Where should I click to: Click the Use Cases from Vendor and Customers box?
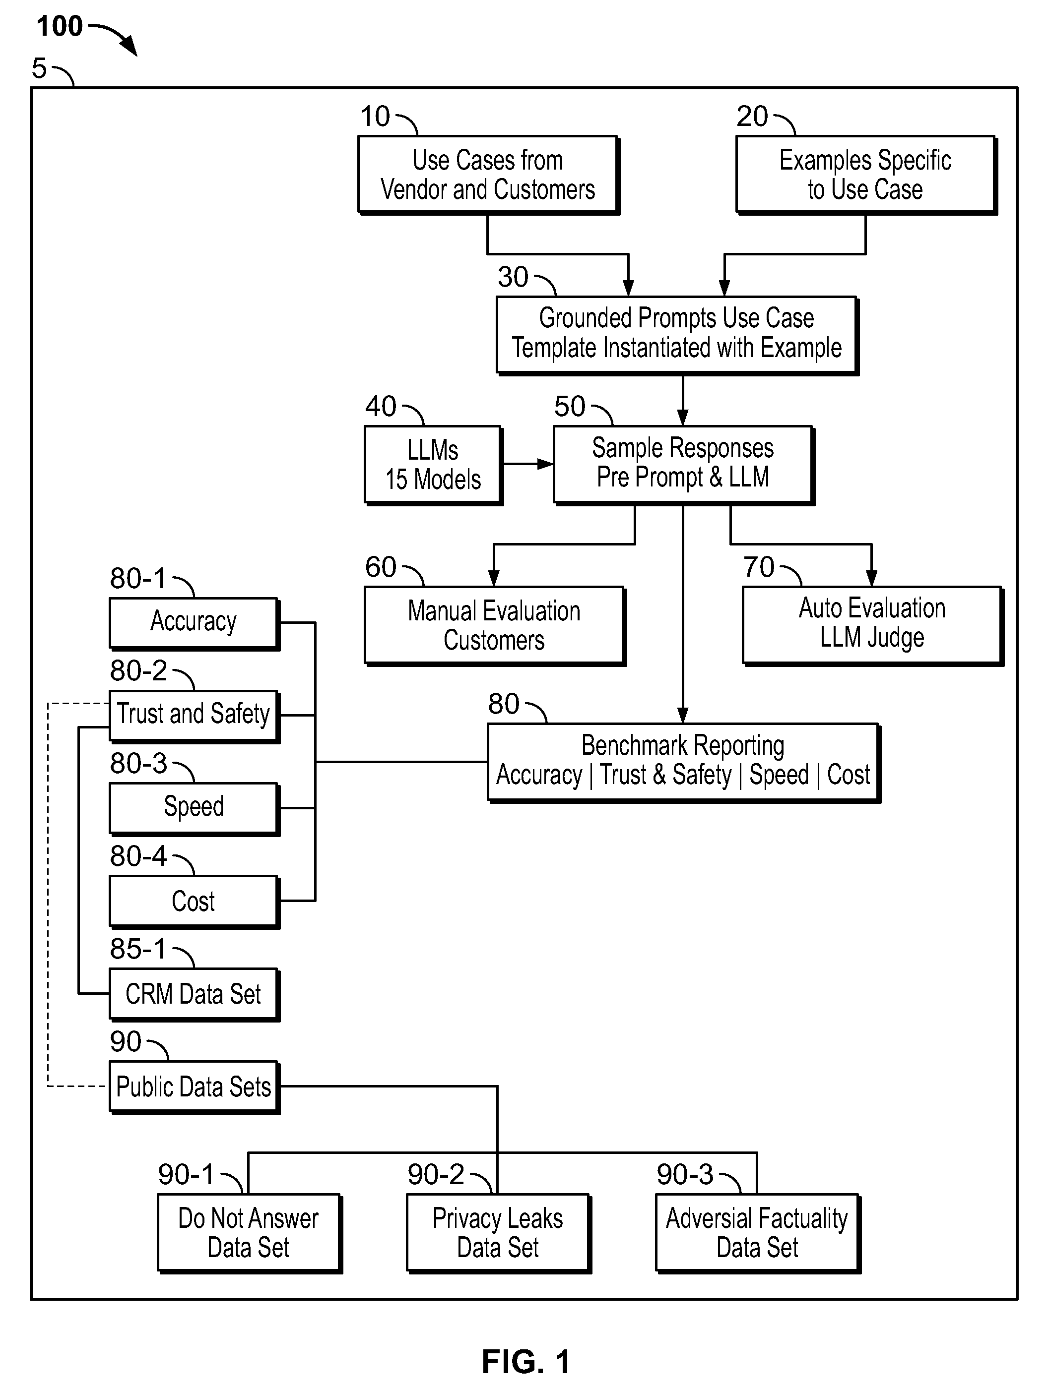[x=489, y=175]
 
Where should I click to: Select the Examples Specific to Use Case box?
[x=866, y=175]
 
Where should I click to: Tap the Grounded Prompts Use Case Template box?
[x=677, y=336]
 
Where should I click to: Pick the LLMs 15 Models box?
[x=433, y=465]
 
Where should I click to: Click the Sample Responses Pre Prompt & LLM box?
[x=683, y=465]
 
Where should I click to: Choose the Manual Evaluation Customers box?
[x=495, y=626]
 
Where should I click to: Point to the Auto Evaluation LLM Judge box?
[x=873, y=626]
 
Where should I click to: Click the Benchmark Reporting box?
[x=684, y=762]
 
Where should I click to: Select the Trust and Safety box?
[x=194, y=717]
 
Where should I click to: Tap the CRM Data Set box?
[x=194, y=995]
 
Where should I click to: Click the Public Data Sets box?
[x=194, y=1087]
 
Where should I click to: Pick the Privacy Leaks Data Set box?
[x=499, y=1233]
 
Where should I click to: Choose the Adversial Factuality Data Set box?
[x=758, y=1233]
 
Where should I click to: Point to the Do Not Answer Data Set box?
[x=249, y=1233]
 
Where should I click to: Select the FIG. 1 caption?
[x=526, y=1362]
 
